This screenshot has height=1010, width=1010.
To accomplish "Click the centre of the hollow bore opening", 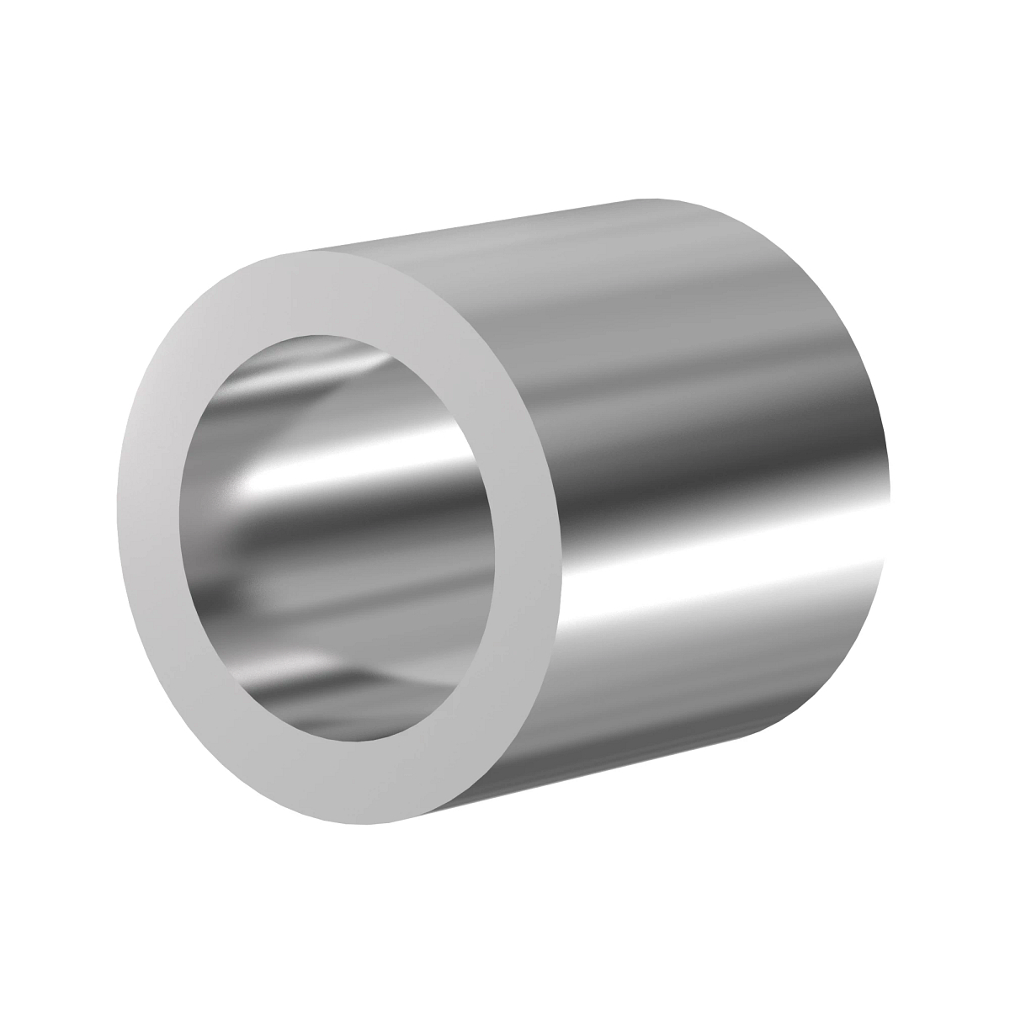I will click(337, 539).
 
